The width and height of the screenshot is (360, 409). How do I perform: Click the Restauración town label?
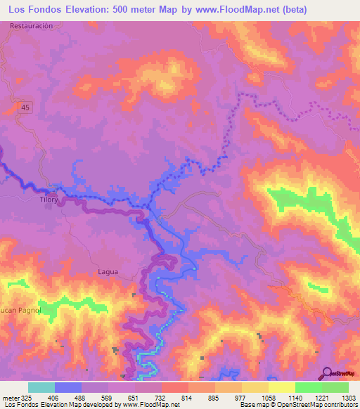point(32,25)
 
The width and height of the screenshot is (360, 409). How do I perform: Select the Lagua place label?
point(108,271)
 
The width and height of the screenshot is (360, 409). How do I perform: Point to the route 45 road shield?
point(25,106)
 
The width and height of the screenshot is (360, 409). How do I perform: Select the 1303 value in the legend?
point(348,397)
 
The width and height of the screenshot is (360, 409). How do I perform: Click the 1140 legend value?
point(295,397)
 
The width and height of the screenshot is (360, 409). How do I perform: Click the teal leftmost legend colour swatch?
point(41,387)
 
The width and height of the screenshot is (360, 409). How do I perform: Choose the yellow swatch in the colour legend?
point(281,387)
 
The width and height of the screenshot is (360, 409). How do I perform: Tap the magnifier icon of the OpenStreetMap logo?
point(326,374)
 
